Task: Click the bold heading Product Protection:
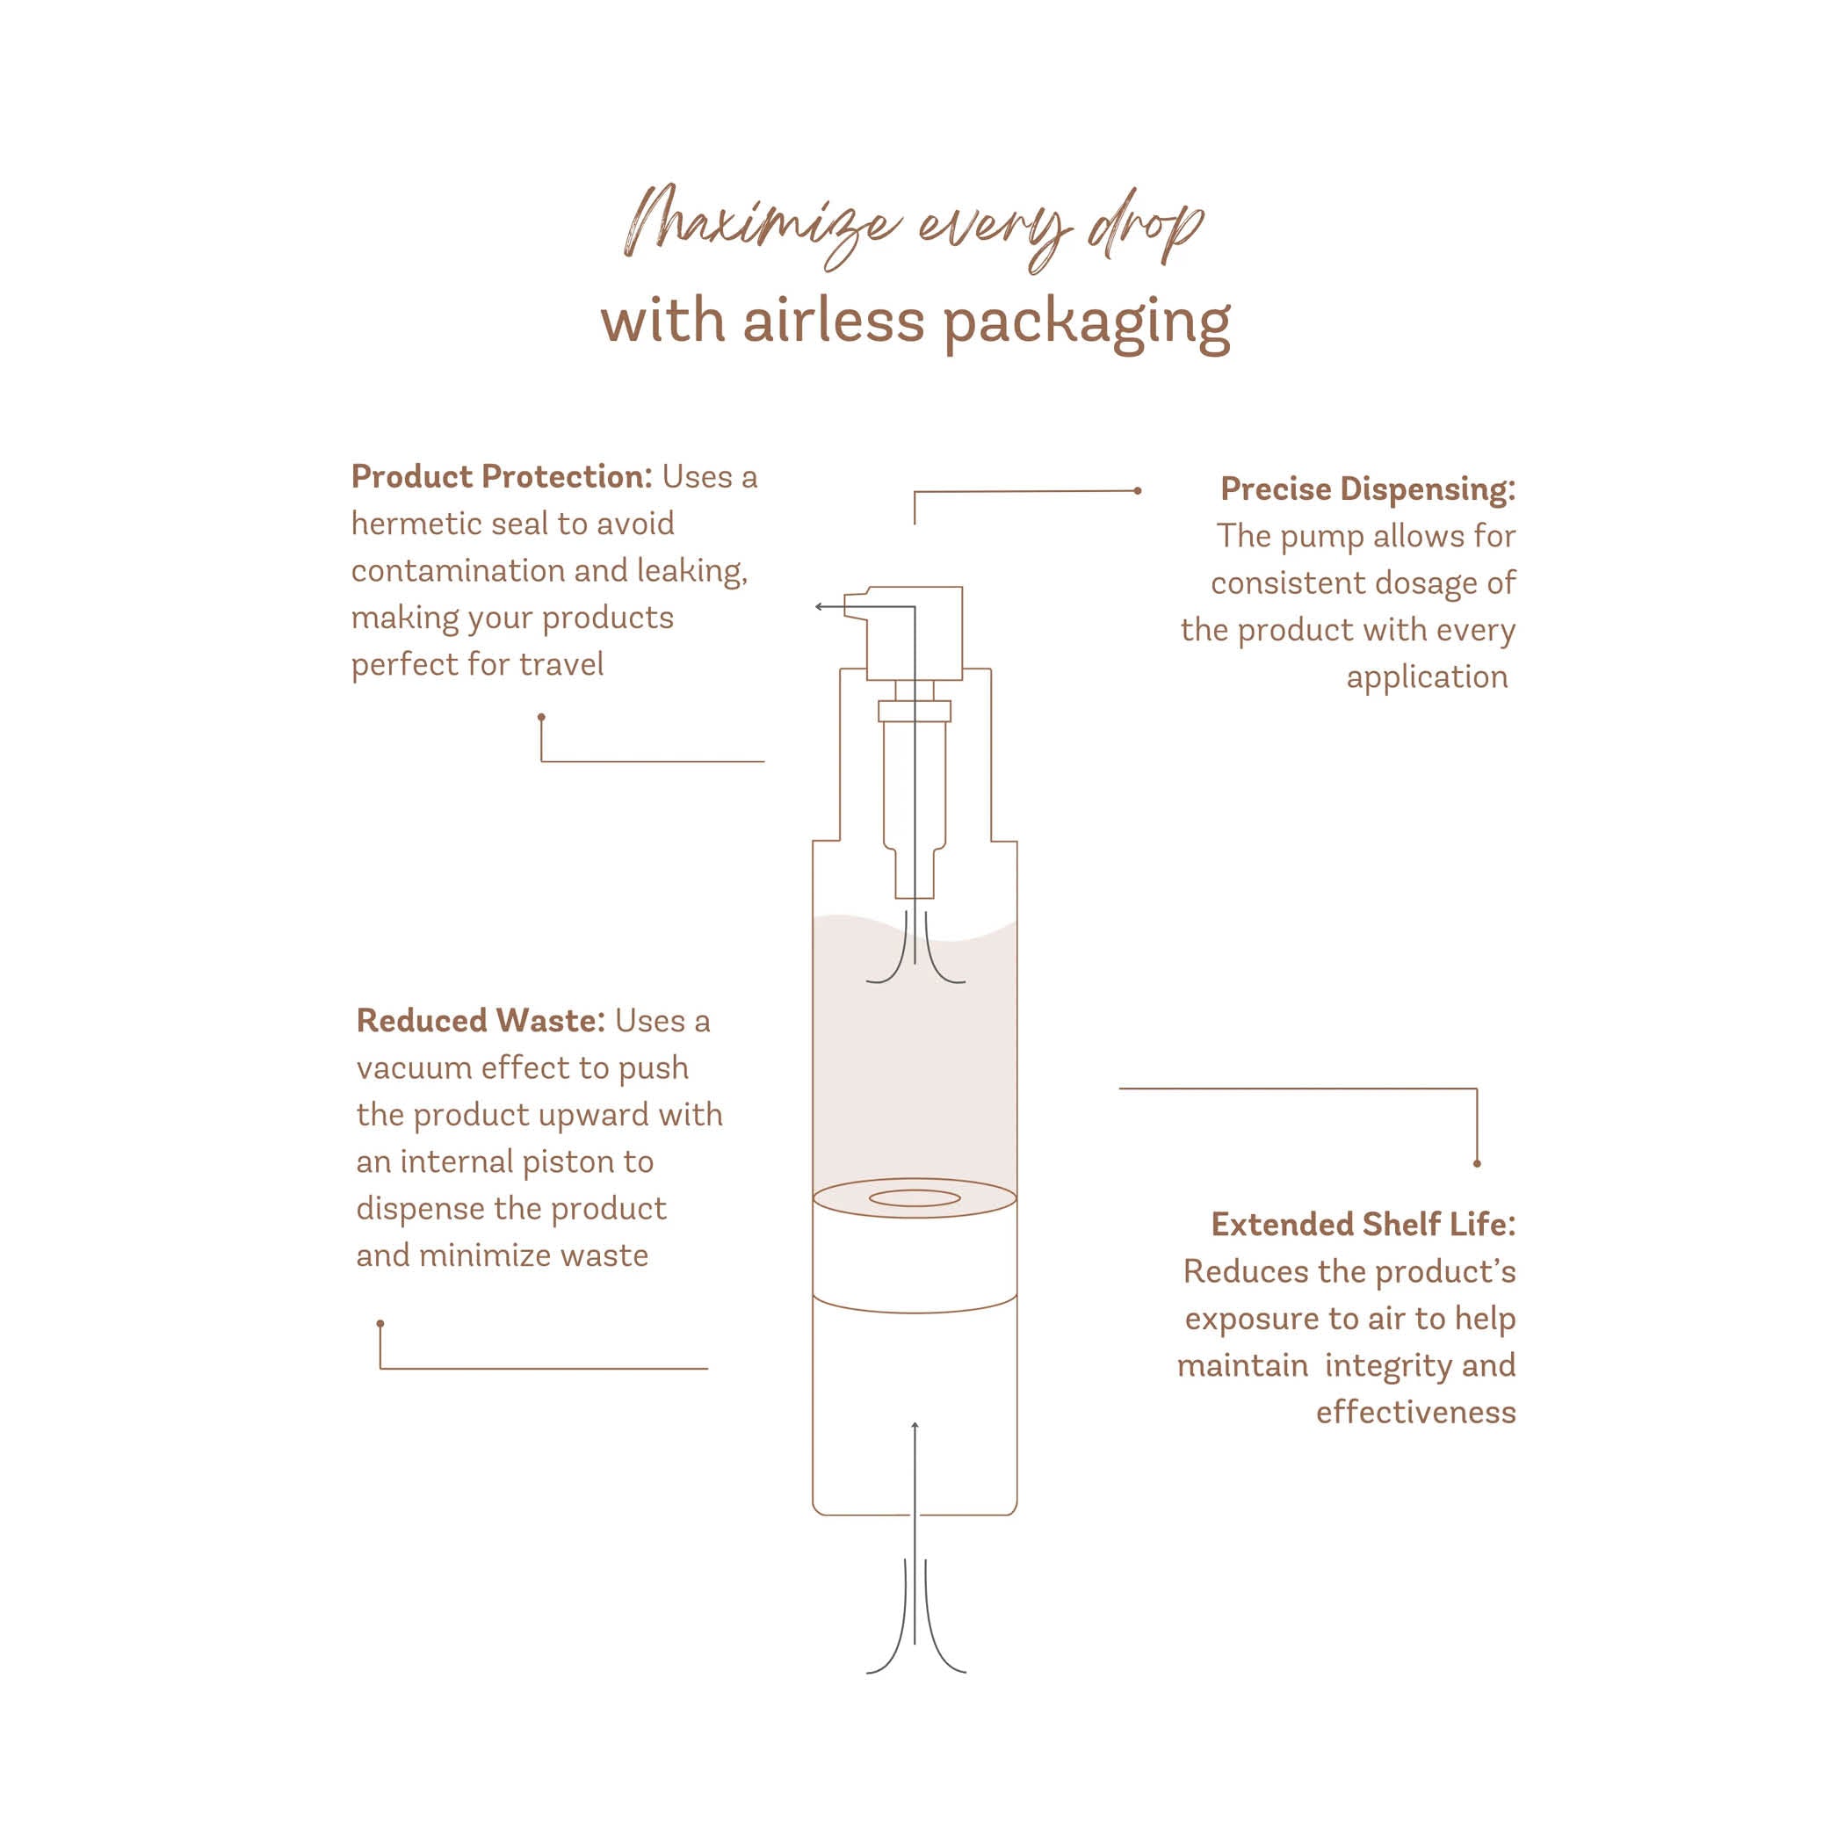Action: pos(501,476)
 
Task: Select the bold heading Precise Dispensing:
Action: pos(1367,488)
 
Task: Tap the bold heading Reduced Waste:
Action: pos(480,1020)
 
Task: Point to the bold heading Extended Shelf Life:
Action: pos(1362,1224)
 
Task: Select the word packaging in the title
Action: pos(1086,324)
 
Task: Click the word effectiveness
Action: pos(1415,1413)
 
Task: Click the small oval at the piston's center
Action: pos(914,1198)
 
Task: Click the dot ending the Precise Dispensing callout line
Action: pos(1138,490)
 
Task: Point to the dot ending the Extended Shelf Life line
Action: pos(1477,1163)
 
